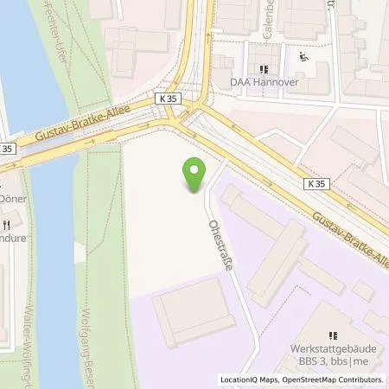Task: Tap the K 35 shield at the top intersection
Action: click(169, 99)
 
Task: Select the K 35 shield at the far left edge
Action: click(6, 149)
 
